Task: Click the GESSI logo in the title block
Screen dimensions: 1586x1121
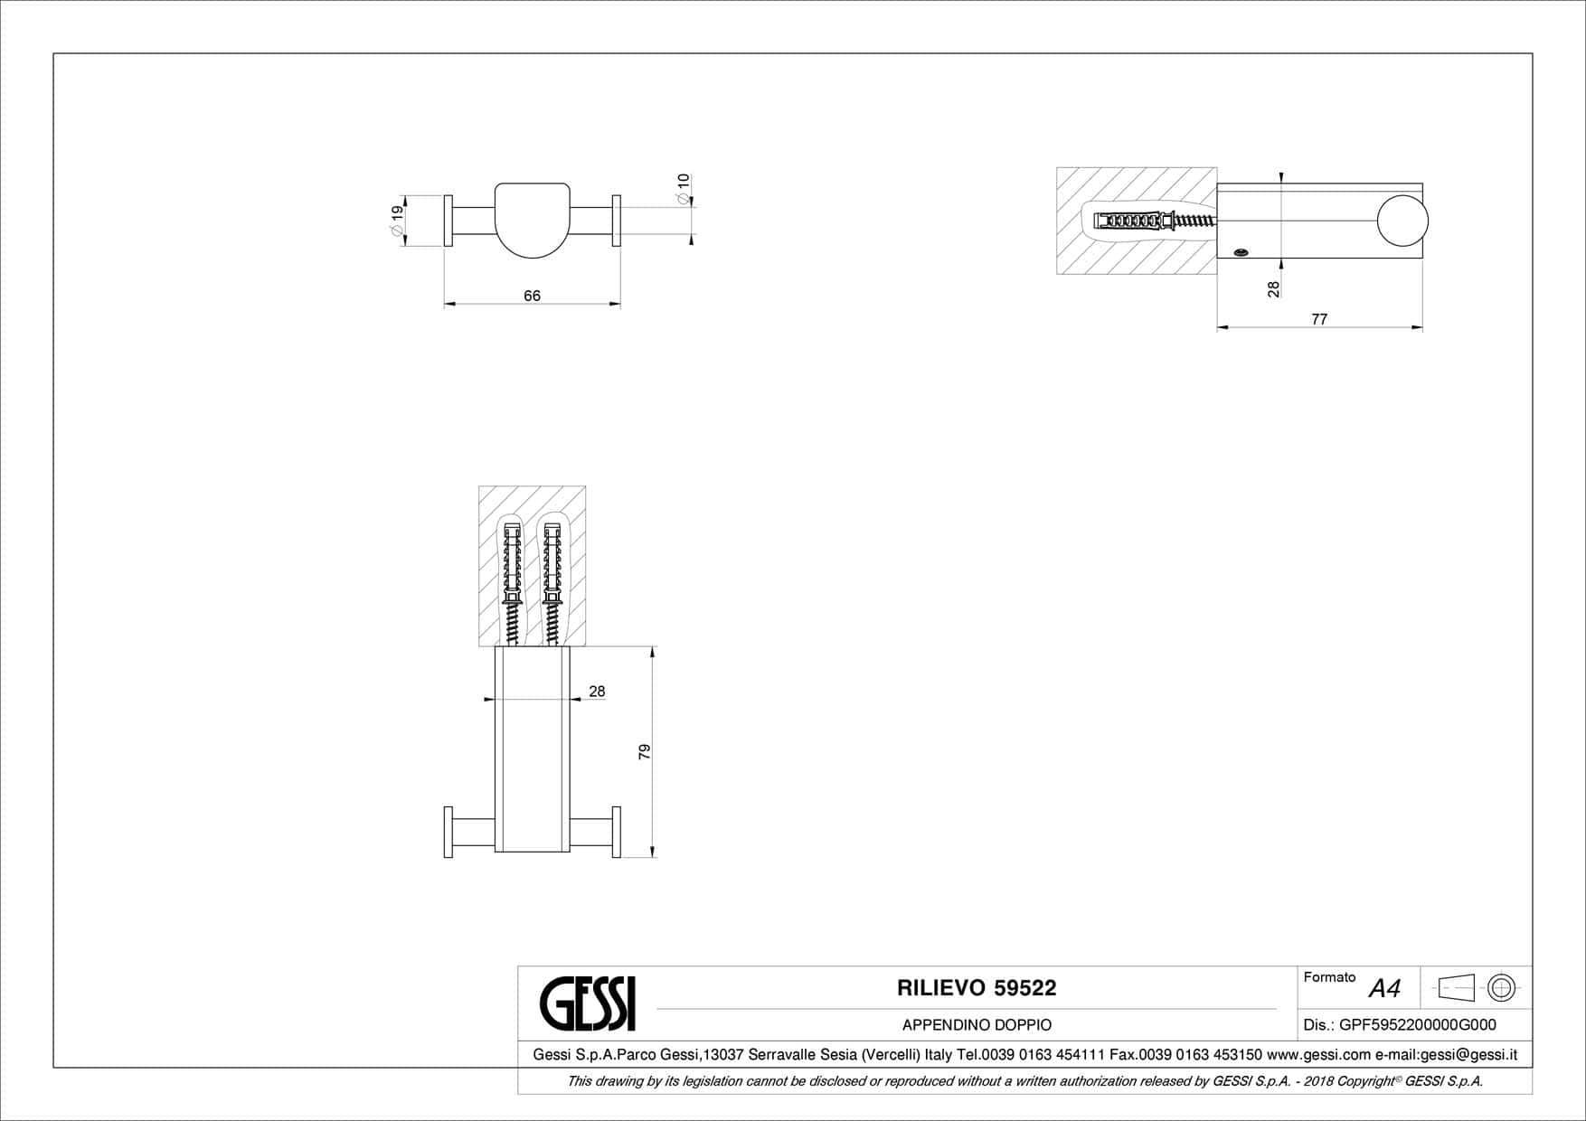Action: click(588, 1003)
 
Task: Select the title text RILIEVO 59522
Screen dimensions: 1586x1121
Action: click(977, 988)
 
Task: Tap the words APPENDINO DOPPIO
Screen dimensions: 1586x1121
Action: click(977, 1025)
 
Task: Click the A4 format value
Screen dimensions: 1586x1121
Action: click(1384, 989)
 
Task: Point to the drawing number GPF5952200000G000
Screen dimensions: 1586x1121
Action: click(1417, 1024)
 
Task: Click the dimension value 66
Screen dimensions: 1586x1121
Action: click(532, 296)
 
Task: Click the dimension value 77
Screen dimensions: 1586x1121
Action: click(1319, 319)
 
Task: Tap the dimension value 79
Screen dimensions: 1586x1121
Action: click(645, 751)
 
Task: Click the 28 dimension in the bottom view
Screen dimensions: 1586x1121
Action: click(597, 692)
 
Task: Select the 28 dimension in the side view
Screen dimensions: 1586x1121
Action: click(1273, 288)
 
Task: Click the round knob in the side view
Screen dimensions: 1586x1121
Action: click(1402, 221)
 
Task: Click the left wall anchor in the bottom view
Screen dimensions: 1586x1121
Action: click(511, 583)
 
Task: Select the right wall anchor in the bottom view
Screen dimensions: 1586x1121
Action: click(551, 583)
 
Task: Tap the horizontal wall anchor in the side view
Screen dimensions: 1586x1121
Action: click(1155, 221)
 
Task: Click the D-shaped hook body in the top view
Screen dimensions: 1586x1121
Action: click(533, 221)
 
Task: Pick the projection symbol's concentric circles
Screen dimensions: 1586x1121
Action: click(1502, 988)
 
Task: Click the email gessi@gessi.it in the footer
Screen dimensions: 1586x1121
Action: click(1468, 1054)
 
